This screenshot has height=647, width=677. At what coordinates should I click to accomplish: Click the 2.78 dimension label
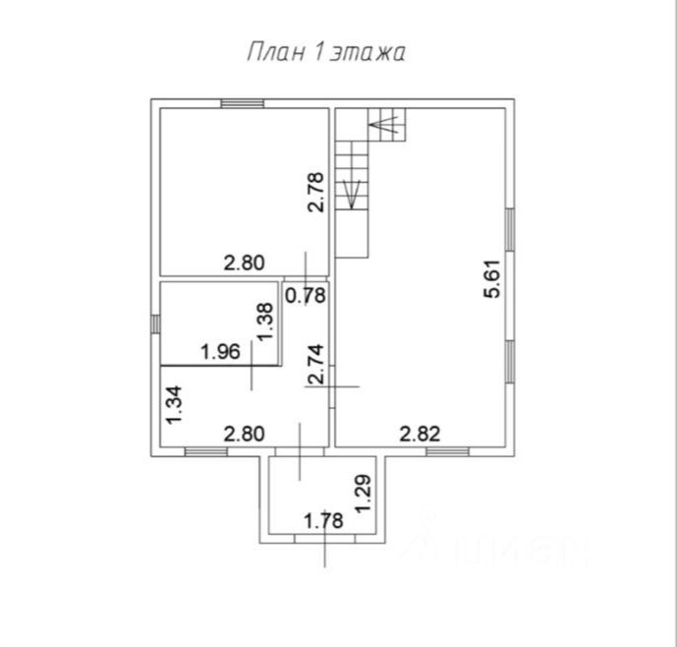pyautogui.click(x=314, y=192)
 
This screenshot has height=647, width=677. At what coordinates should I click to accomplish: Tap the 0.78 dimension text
pyautogui.click(x=306, y=293)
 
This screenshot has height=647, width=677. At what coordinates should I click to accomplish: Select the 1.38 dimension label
pyautogui.click(x=264, y=321)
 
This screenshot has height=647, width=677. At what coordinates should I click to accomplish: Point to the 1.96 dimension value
pyautogui.click(x=220, y=351)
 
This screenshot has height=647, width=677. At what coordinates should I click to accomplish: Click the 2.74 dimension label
pyautogui.click(x=315, y=365)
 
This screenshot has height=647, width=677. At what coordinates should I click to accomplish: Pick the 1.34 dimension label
pyautogui.click(x=174, y=405)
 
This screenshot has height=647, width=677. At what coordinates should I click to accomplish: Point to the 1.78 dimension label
pyautogui.click(x=322, y=520)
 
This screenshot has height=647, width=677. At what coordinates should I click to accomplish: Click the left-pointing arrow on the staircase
pyautogui.click(x=382, y=125)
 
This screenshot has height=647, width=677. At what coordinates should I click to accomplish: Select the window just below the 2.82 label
pyautogui.click(x=447, y=451)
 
